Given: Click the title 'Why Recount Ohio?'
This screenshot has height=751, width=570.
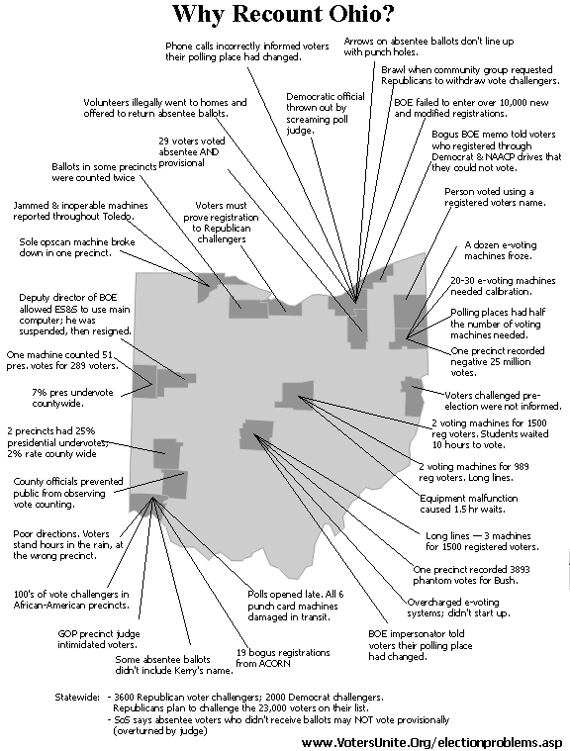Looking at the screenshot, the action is (284, 14).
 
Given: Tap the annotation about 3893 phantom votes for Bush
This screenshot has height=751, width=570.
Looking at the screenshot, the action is (471, 575).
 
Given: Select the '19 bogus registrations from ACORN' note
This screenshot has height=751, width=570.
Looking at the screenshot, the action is (283, 658).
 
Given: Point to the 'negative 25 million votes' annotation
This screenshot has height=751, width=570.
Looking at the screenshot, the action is (497, 361).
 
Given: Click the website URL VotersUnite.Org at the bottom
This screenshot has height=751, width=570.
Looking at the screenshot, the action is (431, 742).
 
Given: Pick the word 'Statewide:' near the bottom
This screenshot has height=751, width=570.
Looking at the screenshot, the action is (77, 697).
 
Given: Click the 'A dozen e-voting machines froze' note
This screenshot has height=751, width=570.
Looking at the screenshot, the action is (500, 250).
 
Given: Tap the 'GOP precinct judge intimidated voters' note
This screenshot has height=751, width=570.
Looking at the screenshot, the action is (99, 639).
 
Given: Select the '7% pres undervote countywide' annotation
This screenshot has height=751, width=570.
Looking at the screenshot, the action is (72, 398).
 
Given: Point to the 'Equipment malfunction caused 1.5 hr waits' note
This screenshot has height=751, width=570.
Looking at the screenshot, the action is (468, 504).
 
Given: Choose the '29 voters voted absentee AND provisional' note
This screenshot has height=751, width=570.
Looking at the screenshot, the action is (192, 151).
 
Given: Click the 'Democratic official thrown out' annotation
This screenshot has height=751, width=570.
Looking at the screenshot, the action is (326, 113).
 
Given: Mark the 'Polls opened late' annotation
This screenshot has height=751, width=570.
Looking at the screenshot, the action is (296, 606).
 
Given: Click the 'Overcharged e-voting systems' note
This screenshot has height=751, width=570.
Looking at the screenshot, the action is (458, 608).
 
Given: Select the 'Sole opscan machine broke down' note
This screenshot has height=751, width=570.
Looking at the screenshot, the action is (76, 247).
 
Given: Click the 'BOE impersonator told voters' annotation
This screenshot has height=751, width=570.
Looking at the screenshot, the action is (420, 645).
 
